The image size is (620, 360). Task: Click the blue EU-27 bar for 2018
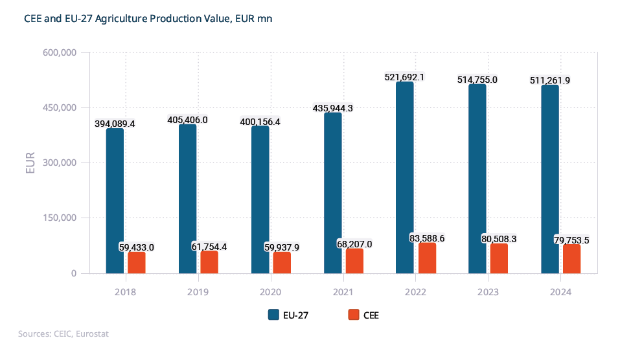coord(115,201)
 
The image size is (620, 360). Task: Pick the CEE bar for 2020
coord(282,262)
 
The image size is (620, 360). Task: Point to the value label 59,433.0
coord(137,247)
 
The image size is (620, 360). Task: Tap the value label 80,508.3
coord(499,239)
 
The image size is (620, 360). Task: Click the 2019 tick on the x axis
coord(198,293)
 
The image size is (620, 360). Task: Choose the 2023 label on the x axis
coord(488,293)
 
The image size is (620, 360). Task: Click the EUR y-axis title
coord(30,163)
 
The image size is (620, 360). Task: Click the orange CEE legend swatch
coord(353,315)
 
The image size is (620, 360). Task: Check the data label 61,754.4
coord(209,247)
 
